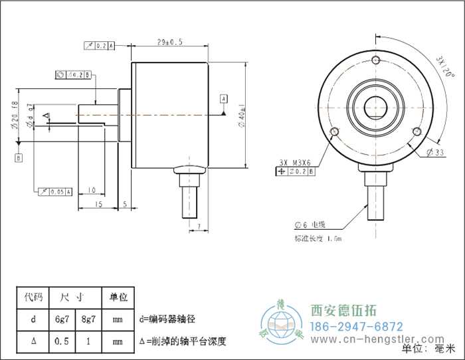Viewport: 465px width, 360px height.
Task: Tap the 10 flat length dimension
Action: (x=92, y=190)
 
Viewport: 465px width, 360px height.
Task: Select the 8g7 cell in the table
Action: (x=88, y=319)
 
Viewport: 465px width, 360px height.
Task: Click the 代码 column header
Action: (x=33, y=297)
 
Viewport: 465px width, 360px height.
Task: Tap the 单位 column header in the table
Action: (x=118, y=297)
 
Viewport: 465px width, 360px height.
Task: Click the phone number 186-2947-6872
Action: (x=357, y=327)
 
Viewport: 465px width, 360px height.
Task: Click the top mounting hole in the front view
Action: (x=376, y=61)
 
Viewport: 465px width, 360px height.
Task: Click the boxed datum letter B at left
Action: (x=19, y=157)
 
